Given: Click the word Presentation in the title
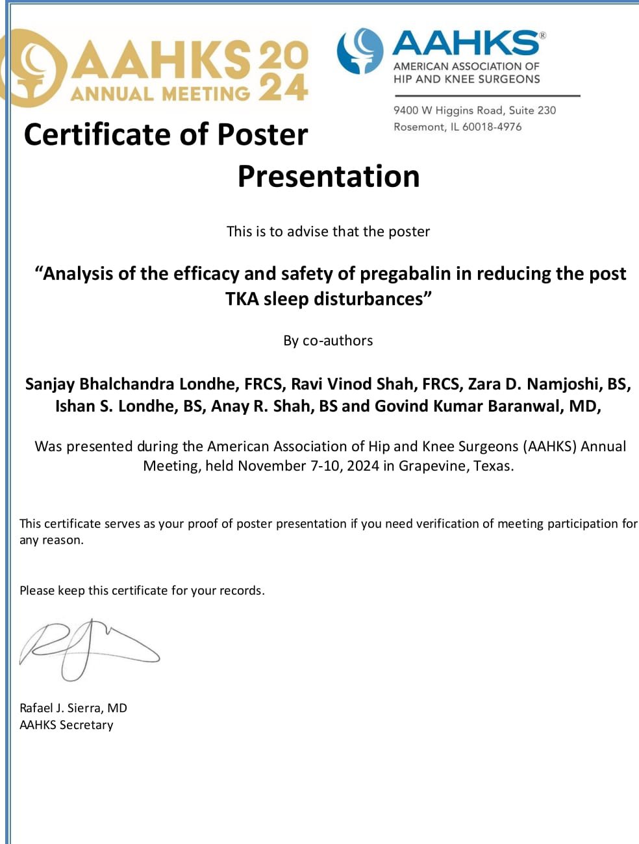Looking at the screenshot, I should (x=329, y=177).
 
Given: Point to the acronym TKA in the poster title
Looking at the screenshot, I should (x=242, y=299).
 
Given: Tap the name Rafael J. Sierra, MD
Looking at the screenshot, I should (x=73, y=708).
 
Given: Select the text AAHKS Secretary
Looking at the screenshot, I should (x=66, y=725).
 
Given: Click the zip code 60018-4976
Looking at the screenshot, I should (x=492, y=127).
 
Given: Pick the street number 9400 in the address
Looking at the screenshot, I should (x=406, y=110).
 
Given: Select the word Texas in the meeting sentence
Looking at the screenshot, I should (x=492, y=466).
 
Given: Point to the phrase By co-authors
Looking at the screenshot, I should (x=328, y=340).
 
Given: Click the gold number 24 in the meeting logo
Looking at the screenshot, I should (x=283, y=87).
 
